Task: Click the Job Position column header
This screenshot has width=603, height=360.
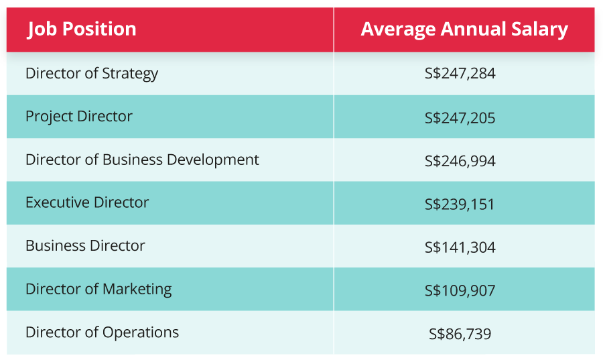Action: tap(82, 29)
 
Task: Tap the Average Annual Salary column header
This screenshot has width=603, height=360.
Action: tap(464, 29)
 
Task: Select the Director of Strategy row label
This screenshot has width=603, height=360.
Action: tap(92, 73)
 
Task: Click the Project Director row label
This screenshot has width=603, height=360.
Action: tap(79, 116)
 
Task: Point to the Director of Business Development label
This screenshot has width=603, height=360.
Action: tap(142, 160)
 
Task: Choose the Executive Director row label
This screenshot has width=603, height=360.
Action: tap(87, 202)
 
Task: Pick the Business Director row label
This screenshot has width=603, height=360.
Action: tap(85, 245)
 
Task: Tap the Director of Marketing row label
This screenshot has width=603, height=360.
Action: tap(98, 289)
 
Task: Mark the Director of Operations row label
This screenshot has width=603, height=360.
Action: tap(102, 332)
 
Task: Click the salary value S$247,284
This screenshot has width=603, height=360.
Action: tap(460, 74)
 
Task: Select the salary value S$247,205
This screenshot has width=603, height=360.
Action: tap(460, 119)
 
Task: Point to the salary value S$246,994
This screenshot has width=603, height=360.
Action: tap(460, 162)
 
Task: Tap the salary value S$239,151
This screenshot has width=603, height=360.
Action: tap(460, 204)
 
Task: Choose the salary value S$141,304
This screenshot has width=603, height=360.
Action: tap(460, 247)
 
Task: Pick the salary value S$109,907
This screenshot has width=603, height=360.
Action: tap(460, 290)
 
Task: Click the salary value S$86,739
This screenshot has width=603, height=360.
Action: tap(460, 333)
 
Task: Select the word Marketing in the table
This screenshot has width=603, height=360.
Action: tap(137, 289)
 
